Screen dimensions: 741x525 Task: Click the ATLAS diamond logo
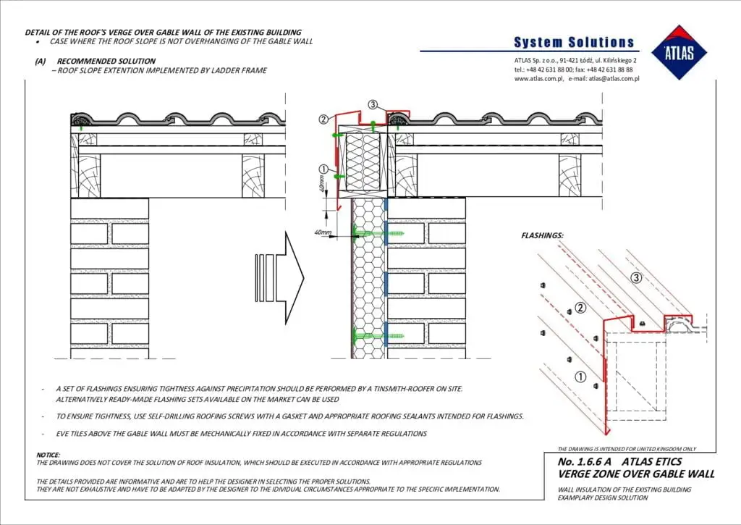679,52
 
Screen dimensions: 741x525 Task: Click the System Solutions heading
574,42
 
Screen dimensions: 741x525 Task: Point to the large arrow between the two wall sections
279,277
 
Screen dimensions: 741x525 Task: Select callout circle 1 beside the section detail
323,169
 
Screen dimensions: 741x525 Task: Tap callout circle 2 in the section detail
323,119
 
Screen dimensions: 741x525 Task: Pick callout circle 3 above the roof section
373,104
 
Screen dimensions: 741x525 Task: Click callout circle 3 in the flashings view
637,277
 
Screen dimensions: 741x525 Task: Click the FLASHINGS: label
542,235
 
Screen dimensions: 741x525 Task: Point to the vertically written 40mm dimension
322,183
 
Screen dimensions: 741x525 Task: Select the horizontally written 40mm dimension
323,232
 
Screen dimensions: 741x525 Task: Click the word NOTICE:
48,455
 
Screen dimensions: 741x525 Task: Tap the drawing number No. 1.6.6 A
585,461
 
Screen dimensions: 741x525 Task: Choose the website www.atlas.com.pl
538,78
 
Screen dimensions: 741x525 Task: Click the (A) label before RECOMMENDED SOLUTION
41,61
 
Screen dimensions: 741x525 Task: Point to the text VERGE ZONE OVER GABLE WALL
636,474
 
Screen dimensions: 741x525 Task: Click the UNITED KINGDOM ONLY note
671,449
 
